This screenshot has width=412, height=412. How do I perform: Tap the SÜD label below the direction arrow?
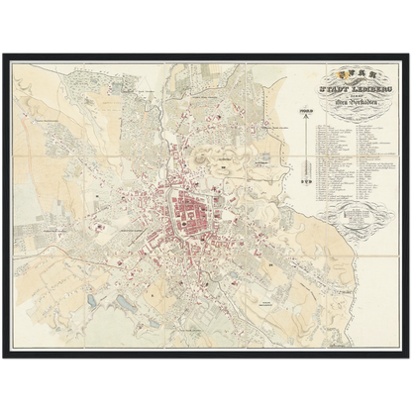click(x=307, y=190)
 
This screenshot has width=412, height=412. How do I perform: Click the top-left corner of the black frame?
click(x=5, y=51)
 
